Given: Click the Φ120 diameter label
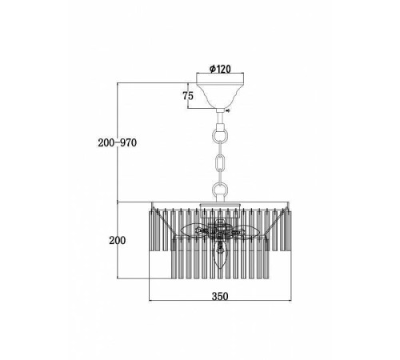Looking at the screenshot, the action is tap(220, 69).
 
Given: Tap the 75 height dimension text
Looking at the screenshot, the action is tap(188, 96).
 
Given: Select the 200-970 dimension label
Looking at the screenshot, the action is tap(117, 142).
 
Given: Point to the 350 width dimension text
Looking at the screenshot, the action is tap(220, 296).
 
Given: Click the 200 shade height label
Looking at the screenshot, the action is tap(118, 241).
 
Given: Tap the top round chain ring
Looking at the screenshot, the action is tap(220, 135).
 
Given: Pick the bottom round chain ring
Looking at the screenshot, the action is tap(220, 190).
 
